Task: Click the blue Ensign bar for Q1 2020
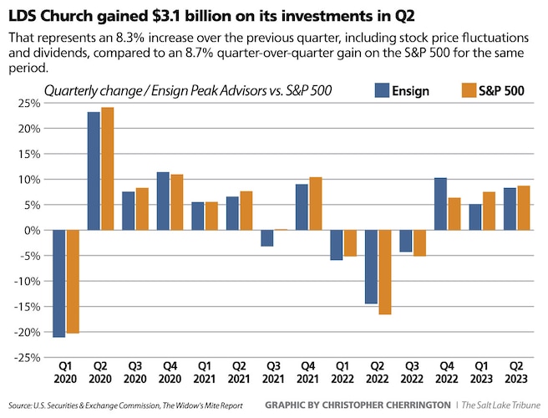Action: pos(58,283)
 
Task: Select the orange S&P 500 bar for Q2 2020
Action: pos(108,168)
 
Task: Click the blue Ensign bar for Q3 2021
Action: pos(266,238)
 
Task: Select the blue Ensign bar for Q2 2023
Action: pos(508,209)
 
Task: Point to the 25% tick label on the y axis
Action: pos(28,103)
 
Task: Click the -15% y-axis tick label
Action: pos(26,307)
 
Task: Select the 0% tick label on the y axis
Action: pos(32,230)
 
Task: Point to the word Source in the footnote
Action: pos(20,406)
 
